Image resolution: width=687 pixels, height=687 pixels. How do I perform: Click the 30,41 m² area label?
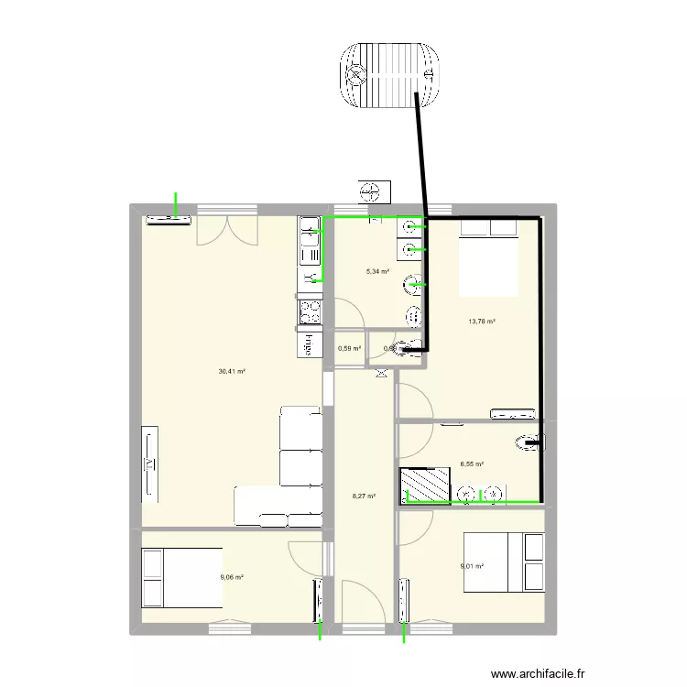click(x=231, y=372)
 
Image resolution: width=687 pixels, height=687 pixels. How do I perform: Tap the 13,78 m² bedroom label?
click(x=482, y=322)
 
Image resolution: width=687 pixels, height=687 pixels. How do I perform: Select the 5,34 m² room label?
click(x=377, y=272)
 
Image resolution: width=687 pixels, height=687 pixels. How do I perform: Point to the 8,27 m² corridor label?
click(x=364, y=496)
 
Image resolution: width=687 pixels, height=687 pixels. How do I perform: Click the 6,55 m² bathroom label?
click(x=472, y=464)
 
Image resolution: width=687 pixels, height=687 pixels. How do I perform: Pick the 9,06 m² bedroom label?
click(x=232, y=577)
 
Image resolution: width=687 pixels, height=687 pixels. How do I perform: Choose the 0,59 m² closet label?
click(x=349, y=348)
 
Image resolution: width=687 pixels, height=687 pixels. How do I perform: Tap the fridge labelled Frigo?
click(x=309, y=344)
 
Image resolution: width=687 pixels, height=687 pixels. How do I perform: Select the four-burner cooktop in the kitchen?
click(x=310, y=311)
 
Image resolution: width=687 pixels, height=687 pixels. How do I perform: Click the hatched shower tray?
click(x=425, y=485)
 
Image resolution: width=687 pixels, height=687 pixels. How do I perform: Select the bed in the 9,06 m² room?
click(x=181, y=577)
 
